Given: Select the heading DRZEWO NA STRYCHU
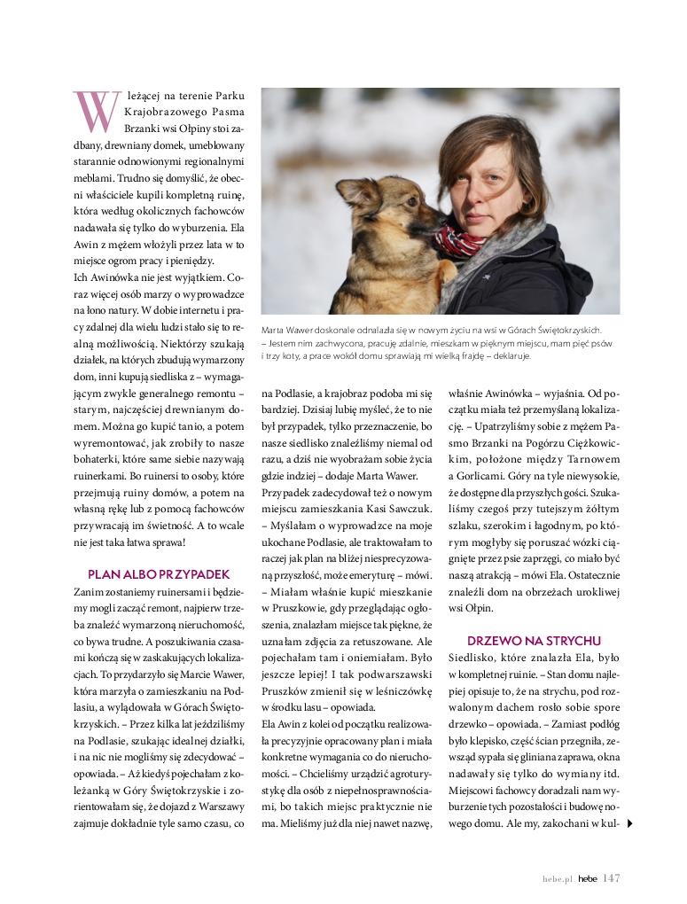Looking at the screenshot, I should click(x=534, y=640).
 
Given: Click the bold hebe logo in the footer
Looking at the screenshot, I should click(x=588, y=879).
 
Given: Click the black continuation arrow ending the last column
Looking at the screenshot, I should click(x=628, y=823).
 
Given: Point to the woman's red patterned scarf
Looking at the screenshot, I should click(x=457, y=242).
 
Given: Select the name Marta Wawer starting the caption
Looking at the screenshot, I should click(x=286, y=330).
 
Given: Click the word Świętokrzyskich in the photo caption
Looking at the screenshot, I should click(x=572, y=330).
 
